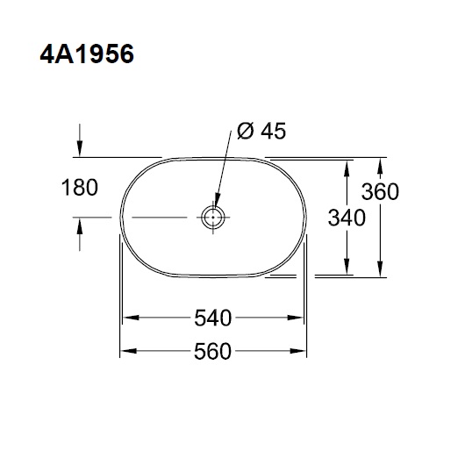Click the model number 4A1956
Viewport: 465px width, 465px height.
click(87, 54)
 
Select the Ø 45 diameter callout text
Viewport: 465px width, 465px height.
click(261, 131)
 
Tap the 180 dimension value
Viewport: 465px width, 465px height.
click(80, 188)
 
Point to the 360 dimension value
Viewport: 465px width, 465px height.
click(380, 191)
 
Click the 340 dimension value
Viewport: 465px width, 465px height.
click(347, 218)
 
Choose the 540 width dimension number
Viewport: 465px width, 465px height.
click(213, 318)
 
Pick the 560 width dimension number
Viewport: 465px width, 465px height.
click(212, 351)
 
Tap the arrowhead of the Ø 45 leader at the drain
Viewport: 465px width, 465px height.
click(217, 200)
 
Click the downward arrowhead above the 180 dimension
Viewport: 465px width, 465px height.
click(80, 149)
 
